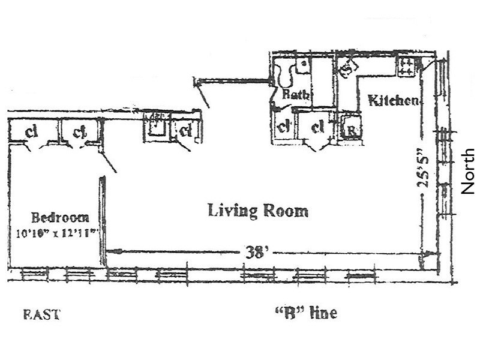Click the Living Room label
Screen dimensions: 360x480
pos(258,211)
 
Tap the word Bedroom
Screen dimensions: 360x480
pos(60,217)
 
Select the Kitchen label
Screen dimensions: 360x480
pos(393,100)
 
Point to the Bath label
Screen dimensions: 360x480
pos(295,94)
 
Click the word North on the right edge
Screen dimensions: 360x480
pos(468,171)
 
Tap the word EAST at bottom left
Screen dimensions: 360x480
pos(41,314)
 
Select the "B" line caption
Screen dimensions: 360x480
pos(305,313)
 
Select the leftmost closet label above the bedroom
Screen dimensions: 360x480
pos(31,130)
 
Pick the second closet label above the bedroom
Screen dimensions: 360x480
pos(78,130)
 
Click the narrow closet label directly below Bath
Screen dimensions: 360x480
pos(282,127)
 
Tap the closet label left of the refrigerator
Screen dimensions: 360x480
pos(317,127)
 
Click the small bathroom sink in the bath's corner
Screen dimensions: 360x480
pos(304,62)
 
